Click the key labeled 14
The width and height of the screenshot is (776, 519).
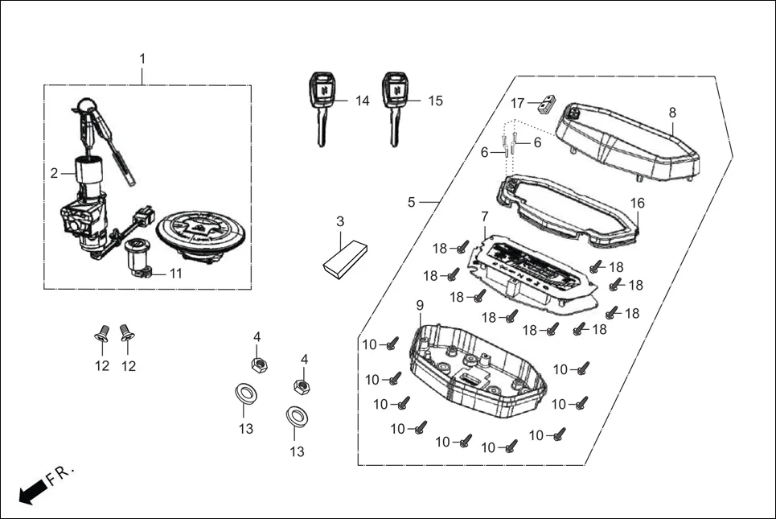tap(321, 105)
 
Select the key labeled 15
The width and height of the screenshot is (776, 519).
tap(392, 105)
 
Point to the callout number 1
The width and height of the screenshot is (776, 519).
tap(143, 59)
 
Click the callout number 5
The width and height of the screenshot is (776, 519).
tap(412, 202)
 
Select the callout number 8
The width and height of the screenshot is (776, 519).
tap(672, 113)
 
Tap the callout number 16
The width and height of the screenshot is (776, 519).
tap(637, 204)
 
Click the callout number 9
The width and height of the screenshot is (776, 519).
tap(419, 305)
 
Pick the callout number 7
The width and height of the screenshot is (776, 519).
tap(484, 216)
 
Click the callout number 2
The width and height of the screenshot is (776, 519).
tap(55, 173)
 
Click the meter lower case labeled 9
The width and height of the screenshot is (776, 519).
tap(474, 370)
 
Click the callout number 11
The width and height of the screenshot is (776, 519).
tap(175, 274)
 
